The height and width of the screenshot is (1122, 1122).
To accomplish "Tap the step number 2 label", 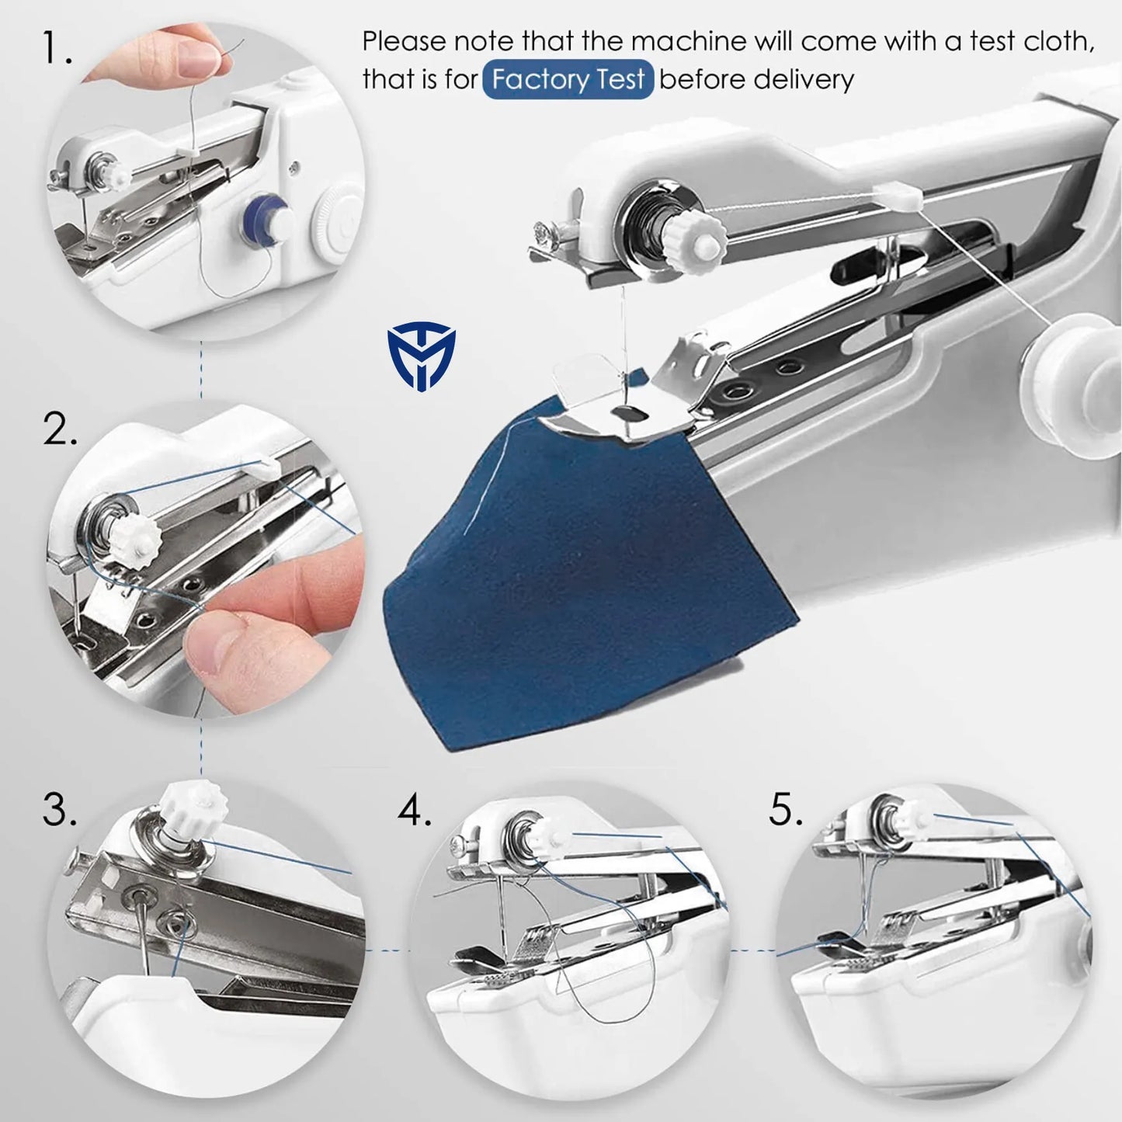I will click(x=60, y=429).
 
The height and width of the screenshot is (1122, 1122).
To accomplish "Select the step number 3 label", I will click(x=60, y=811).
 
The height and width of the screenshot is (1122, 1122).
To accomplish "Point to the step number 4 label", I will click(x=415, y=811).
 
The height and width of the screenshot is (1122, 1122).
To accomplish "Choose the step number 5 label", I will click(x=786, y=811).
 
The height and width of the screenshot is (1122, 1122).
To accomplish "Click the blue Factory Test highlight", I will click(x=568, y=80).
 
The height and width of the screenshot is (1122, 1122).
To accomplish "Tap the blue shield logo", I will click(x=421, y=358).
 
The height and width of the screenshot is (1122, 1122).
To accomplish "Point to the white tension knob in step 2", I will click(x=137, y=536).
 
